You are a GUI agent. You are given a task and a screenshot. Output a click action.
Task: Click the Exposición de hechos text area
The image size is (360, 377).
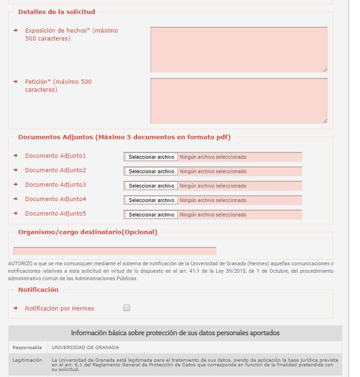tap(238, 49)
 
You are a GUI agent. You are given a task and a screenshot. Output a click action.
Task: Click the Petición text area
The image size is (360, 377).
tap(238, 101)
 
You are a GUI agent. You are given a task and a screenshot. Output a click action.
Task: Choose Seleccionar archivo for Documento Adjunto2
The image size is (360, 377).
tap(151, 171)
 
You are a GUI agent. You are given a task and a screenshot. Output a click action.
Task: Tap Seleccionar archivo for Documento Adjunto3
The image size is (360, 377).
tap(151, 186)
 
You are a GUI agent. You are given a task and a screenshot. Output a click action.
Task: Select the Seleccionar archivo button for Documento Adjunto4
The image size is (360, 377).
tap(151, 200)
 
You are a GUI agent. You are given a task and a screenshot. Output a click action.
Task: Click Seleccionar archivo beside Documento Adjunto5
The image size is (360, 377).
tap(151, 215)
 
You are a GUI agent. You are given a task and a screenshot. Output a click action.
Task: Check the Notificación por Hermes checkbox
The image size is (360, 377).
tap(127, 308)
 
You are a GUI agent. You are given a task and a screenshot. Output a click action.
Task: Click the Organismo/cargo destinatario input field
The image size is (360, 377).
tap(115, 251)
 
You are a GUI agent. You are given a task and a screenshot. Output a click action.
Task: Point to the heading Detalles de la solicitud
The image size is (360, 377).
tap(56, 12)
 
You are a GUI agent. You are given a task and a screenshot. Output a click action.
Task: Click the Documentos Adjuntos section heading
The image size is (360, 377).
tap(124, 137)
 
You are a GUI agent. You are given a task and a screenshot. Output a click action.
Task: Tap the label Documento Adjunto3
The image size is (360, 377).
tap(55, 185)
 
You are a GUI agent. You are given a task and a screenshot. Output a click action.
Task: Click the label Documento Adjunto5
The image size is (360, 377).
tap(55, 214)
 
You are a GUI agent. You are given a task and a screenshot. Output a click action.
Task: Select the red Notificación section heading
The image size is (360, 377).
tap(38, 289)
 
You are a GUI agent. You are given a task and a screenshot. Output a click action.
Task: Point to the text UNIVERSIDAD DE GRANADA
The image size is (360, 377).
tap(85, 347)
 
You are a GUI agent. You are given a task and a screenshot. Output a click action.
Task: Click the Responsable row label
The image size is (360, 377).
tap(27, 347)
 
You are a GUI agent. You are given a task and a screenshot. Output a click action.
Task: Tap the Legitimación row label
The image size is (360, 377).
tap(27, 360)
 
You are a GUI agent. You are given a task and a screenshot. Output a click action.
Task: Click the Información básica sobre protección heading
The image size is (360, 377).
tap(175, 333)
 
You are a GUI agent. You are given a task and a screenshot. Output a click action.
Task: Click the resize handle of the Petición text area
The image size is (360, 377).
tap(325, 121)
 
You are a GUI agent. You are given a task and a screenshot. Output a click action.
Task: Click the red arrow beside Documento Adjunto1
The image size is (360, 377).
tap(15, 155)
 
